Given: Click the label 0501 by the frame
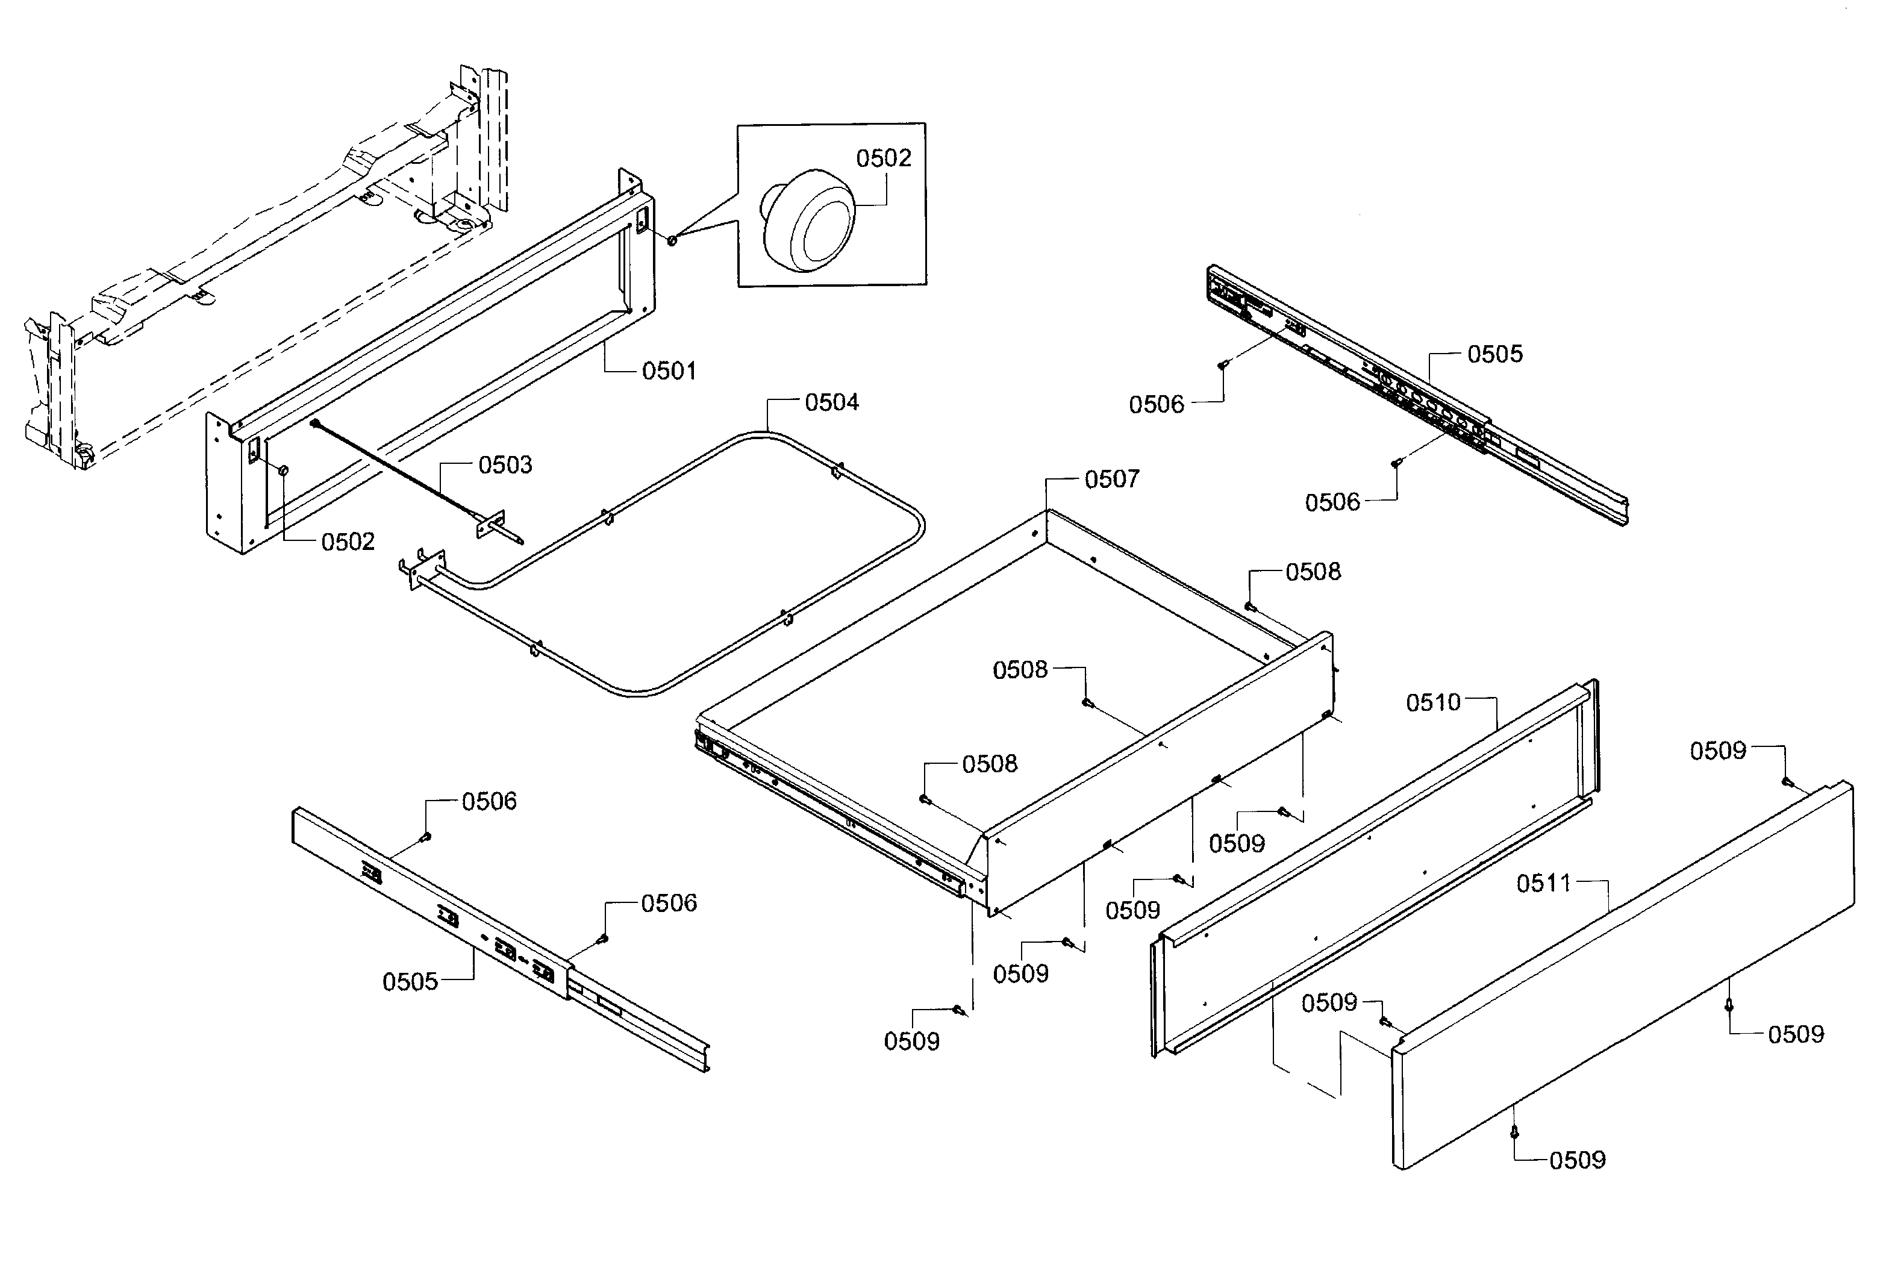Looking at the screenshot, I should pyautogui.click(x=669, y=371).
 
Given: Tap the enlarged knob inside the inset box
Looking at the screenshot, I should pyautogui.click(x=808, y=220).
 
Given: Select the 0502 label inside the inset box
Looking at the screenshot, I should pyautogui.click(x=884, y=158).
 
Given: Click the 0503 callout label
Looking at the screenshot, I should pyautogui.click(x=505, y=465).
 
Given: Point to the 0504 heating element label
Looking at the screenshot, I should pyautogui.click(x=831, y=402).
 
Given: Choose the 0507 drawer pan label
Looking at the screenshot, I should pyautogui.click(x=1112, y=479).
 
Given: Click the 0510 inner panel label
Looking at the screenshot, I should pyautogui.click(x=1433, y=702).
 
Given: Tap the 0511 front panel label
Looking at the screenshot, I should pyautogui.click(x=1543, y=884).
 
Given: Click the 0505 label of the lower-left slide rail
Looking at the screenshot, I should pyautogui.click(x=410, y=982).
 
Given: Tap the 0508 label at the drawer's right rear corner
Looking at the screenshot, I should pyautogui.click(x=1313, y=572).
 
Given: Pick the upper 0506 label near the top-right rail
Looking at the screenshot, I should pyautogui.click(x=1156, y=405).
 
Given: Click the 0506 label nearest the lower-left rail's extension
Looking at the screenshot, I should pyautogui.click(x=669, y=904).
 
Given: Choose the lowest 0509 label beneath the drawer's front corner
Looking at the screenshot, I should pyautogui.click(x=911, y=1042).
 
